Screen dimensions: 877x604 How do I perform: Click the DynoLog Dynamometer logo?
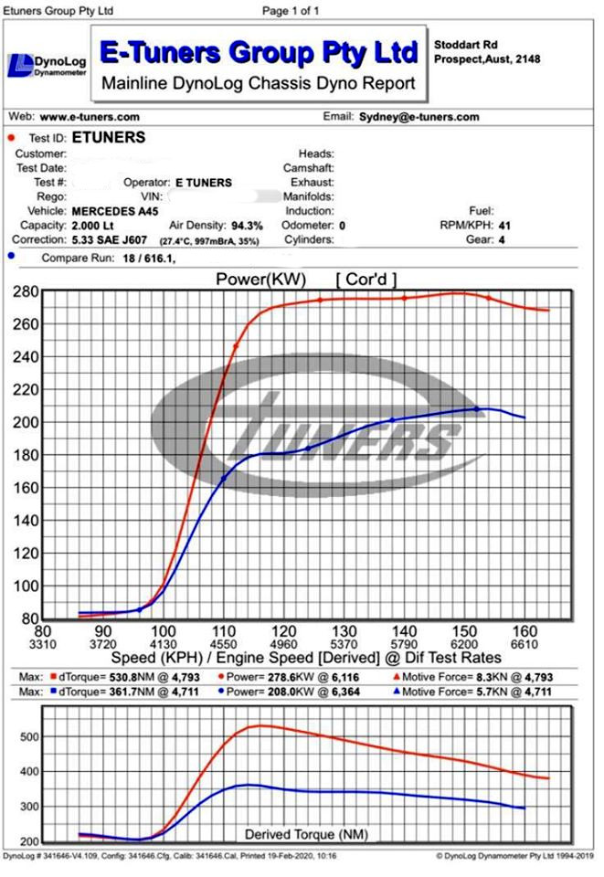[48, 65]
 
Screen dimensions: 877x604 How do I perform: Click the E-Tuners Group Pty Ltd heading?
[259, 52]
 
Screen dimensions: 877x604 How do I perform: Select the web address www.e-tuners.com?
[90, 117]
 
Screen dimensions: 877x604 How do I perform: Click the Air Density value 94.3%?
[247, 225]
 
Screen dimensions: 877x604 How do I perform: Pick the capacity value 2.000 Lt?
[97, 225]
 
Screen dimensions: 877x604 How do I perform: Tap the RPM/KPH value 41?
[504, 225]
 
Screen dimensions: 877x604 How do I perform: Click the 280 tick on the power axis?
[26, 291]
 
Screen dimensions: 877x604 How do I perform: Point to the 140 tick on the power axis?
[26, 521]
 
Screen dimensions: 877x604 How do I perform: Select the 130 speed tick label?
[344, 631]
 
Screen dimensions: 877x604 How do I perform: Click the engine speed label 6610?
[524, 644]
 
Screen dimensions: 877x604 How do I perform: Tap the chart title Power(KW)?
[260, 279]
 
